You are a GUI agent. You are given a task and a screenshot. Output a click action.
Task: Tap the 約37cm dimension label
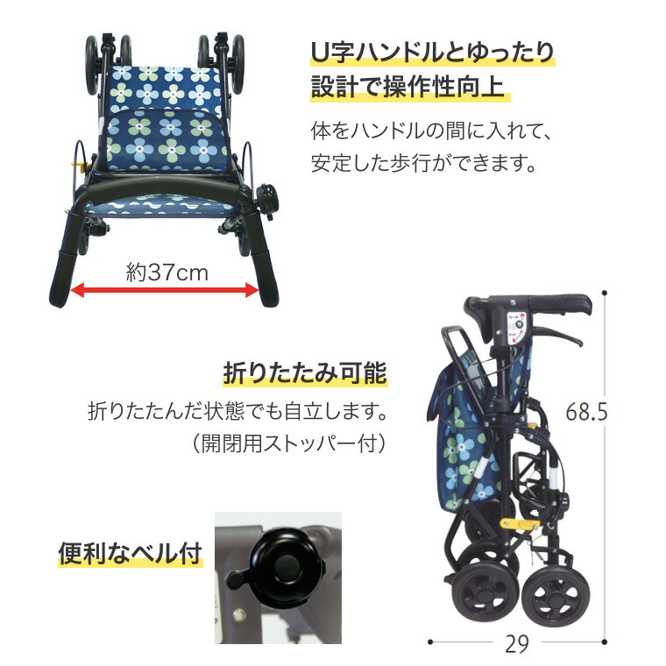coord(166,272)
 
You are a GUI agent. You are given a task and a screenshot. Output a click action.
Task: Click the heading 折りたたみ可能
coord(304,374)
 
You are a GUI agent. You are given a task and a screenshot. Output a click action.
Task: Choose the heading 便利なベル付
coord(130,554)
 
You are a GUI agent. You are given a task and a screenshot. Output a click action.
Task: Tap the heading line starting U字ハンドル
coord(433,53)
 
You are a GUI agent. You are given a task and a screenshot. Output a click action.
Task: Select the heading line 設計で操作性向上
coord(410,89)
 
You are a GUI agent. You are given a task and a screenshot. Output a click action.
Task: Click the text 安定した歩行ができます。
coord(422,164)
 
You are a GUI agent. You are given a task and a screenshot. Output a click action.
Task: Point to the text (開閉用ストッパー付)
coord(288,443)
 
